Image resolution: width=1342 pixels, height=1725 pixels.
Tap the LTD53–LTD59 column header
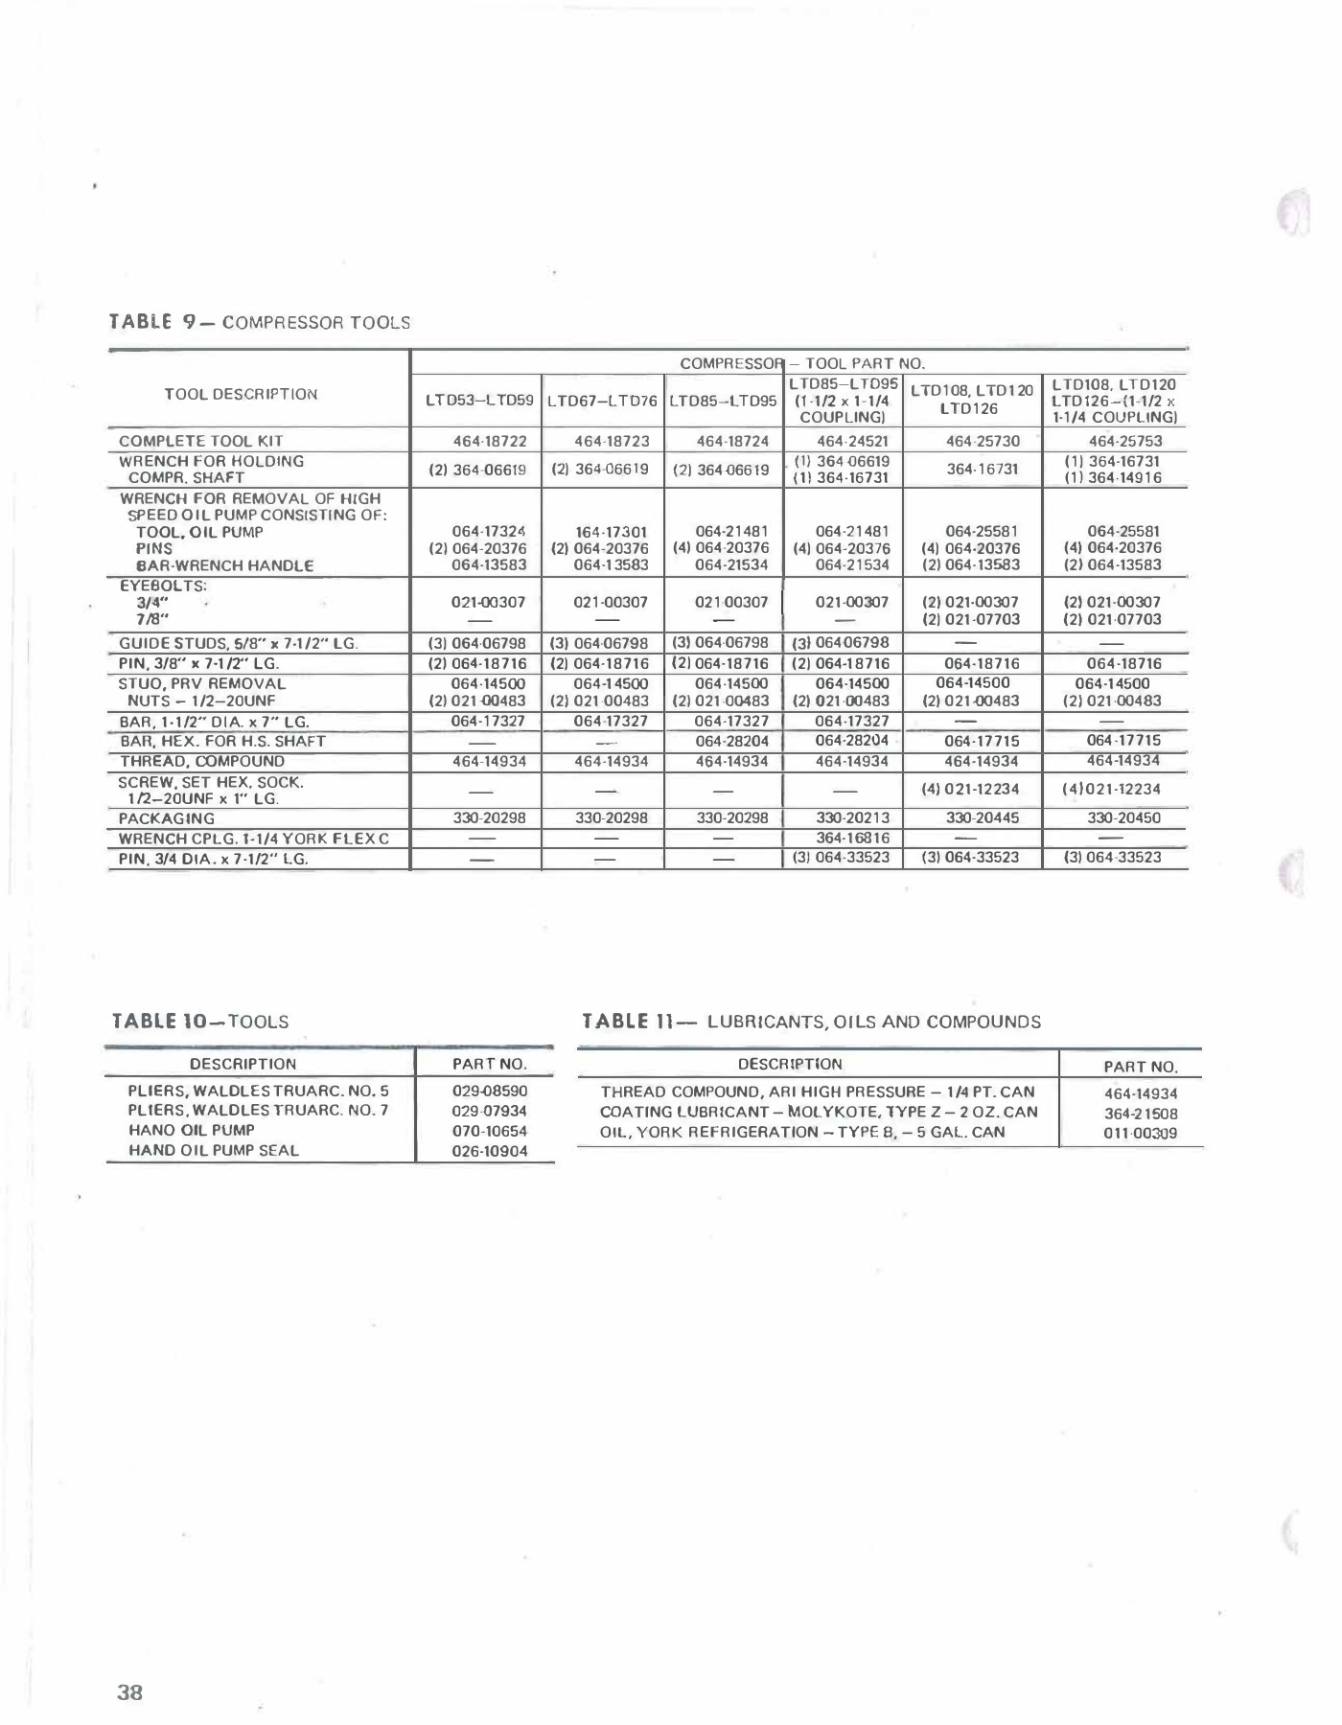479,400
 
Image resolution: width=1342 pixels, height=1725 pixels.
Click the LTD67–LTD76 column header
602,400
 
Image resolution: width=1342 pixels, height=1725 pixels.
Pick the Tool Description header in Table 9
241,394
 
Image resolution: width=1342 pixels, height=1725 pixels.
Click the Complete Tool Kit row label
200,441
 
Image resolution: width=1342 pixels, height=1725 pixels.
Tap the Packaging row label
167,818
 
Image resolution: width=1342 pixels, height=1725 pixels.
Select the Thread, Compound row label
202,761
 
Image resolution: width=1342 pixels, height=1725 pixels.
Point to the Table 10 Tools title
200,1022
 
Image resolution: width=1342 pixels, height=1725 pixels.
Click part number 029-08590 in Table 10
489,1091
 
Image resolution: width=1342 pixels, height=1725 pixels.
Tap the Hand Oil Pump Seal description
213,1150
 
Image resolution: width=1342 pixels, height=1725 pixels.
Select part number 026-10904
489,1151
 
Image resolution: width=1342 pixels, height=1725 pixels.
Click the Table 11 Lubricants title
811,1022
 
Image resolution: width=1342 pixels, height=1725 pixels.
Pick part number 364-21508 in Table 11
1141,1114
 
